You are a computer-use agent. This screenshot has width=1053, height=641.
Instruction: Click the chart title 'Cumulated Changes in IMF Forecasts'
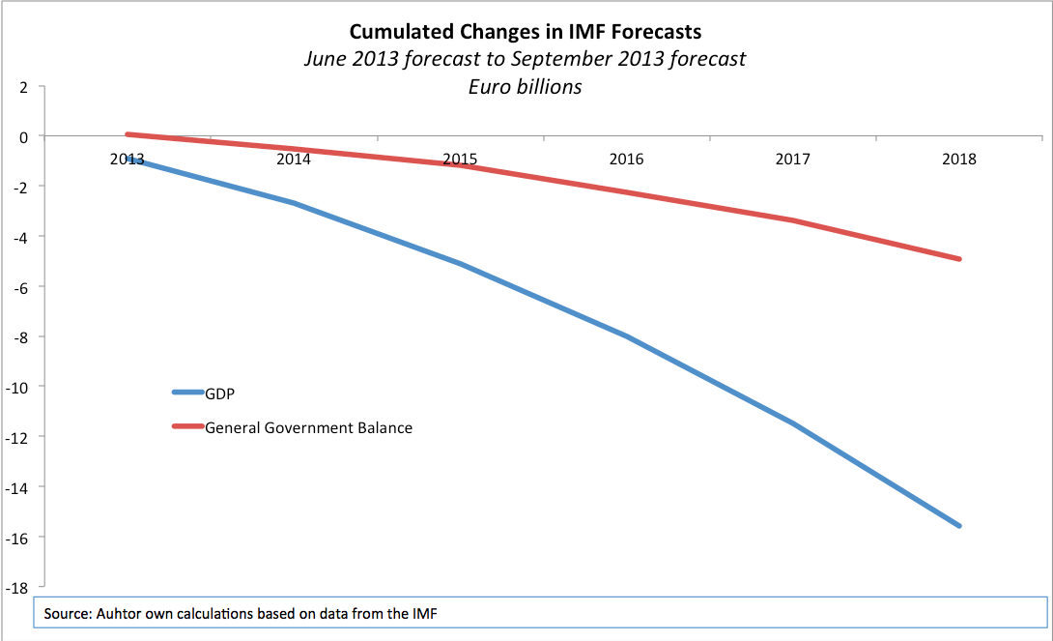pos(526,32)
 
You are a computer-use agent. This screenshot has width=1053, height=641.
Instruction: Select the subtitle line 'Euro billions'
pos(526,87)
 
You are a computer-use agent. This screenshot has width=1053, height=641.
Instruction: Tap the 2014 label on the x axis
pos(294,160)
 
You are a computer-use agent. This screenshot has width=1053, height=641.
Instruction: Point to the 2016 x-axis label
pos(627,160)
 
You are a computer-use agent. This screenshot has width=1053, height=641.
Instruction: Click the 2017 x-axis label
pos(793,160)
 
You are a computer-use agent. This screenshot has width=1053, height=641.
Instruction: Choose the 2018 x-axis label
pos(959,160)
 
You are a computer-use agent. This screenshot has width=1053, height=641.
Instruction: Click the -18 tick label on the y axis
pos(16,588)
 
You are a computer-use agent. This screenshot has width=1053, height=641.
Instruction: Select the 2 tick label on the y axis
pos(24,87)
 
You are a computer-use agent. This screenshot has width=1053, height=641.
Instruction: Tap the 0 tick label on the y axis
pos(24,137)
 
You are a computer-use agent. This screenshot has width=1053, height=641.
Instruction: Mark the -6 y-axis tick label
pos(21,287)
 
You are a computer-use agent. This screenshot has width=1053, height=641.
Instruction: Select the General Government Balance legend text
pos(308,428)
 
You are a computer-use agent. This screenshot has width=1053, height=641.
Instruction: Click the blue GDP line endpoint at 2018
pos(959,526)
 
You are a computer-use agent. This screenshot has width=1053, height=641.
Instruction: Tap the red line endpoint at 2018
pos(959,259)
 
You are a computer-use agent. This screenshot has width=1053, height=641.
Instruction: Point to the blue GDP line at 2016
pos(627,335)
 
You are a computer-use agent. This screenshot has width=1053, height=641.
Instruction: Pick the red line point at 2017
pos(793,220)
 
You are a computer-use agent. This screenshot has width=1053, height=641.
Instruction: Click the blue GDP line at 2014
pos(294,203)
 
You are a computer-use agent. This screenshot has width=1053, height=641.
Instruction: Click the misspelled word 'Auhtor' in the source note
pos(118,614)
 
